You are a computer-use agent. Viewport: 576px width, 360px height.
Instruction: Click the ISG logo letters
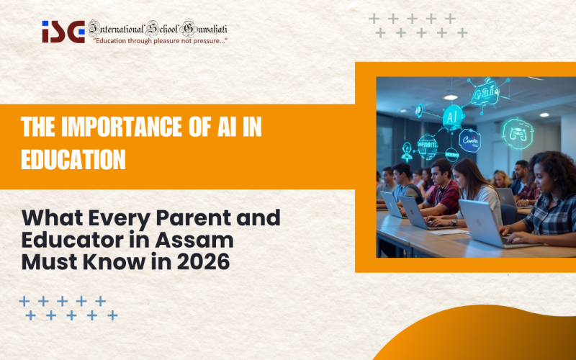click(x=63, y=31)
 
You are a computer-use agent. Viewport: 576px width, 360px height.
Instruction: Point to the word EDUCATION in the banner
click(x=73, y=159)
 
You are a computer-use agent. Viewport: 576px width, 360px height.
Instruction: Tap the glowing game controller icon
click(x=517, y=134)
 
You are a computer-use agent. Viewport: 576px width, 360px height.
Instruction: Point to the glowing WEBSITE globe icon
click(x=427, y=146)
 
